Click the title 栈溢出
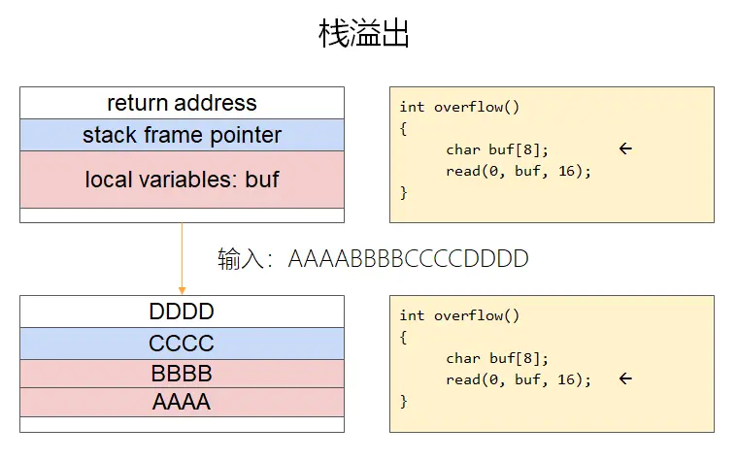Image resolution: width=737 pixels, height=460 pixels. [364, 34]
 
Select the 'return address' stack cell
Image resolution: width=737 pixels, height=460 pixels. [182, 103]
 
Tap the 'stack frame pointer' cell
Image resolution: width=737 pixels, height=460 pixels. [182, 135]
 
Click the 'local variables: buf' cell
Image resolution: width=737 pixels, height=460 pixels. [182, 180]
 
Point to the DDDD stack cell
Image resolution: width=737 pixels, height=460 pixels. [182, 312]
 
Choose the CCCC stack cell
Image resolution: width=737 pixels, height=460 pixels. [182, 344]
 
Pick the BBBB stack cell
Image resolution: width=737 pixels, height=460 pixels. [182, 374]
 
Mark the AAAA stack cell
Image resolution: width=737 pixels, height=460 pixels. [182, 402]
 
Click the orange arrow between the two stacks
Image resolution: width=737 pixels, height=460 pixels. [182, 258]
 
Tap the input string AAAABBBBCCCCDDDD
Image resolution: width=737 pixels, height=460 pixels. [408, 259]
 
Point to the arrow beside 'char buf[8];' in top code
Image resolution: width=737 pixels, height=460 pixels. [625, 148]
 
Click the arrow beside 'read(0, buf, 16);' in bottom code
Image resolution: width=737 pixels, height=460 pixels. [625, 378]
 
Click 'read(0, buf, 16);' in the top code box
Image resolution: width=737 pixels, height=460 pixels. [519, 171]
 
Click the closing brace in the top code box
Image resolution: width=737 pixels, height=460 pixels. [404, 192]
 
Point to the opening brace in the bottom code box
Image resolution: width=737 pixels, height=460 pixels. [404, 337]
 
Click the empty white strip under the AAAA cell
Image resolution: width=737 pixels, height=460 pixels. [182, 424]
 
